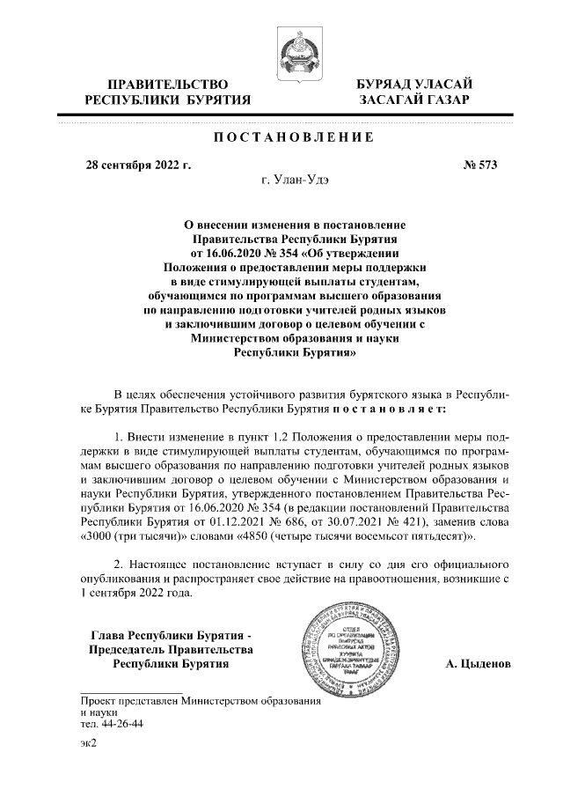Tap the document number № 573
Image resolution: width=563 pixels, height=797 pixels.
[481, 165]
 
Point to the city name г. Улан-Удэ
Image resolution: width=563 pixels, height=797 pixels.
[293, 181]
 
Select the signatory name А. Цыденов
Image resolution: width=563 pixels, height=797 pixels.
[476, 664]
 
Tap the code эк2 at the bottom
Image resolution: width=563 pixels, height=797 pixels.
[87, 744]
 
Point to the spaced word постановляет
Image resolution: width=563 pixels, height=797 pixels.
[388, 410]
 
